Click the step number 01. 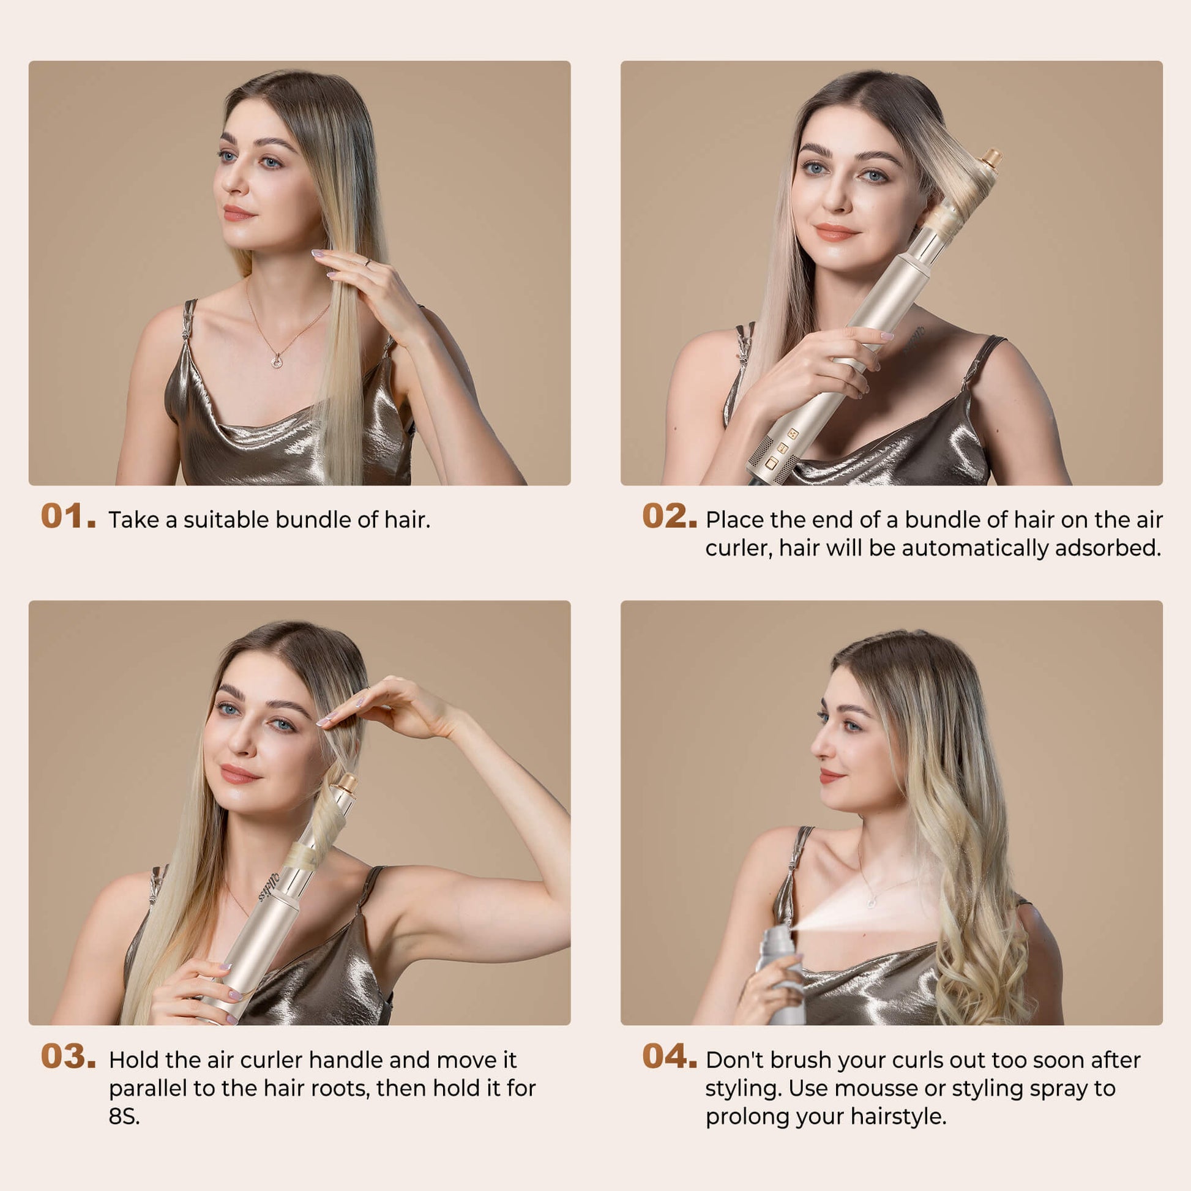click(69, 517)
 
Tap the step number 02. click(670, 517)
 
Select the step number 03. click(69, 1056)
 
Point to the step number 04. click(670, 1056)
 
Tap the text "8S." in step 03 click(124, 1116)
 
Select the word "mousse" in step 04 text click(876, 1088)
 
